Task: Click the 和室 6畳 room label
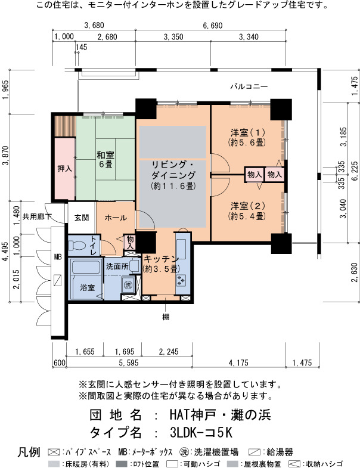pyautogui.click(x=105, y=159)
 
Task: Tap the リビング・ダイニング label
pyautogui.click(x=173, y=169)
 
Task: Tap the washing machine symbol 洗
pyautogui.click(x=128, y=285)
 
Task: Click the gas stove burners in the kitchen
pyautogui.click(x=181, y=280)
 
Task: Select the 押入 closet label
pyautogui.click(x=65, y=168)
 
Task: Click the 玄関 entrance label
pyautogui.click(x=82, y=217)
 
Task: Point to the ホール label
pyautogui.click(x=116, y=218)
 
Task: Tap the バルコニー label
pyautogui.click(x=249, y=86)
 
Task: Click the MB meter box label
pyautogui.click(x=58, y=256)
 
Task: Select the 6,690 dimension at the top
pyautogui.click(x=213, y=26)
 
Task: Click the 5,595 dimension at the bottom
pyautogui.click(x=129, y=362)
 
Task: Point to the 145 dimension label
pyautogui.click(x=81, y=47)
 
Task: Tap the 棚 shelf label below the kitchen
pyautogui.click(x=166, y=317)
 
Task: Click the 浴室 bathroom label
pyautogui.click(x=87, y=287)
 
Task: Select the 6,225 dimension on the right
pyautogui.click(x=355, y=171)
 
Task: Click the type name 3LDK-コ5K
pyautogui.click(x=201, y=432)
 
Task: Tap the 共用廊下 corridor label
pyautogui.click(x=37, y=216)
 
